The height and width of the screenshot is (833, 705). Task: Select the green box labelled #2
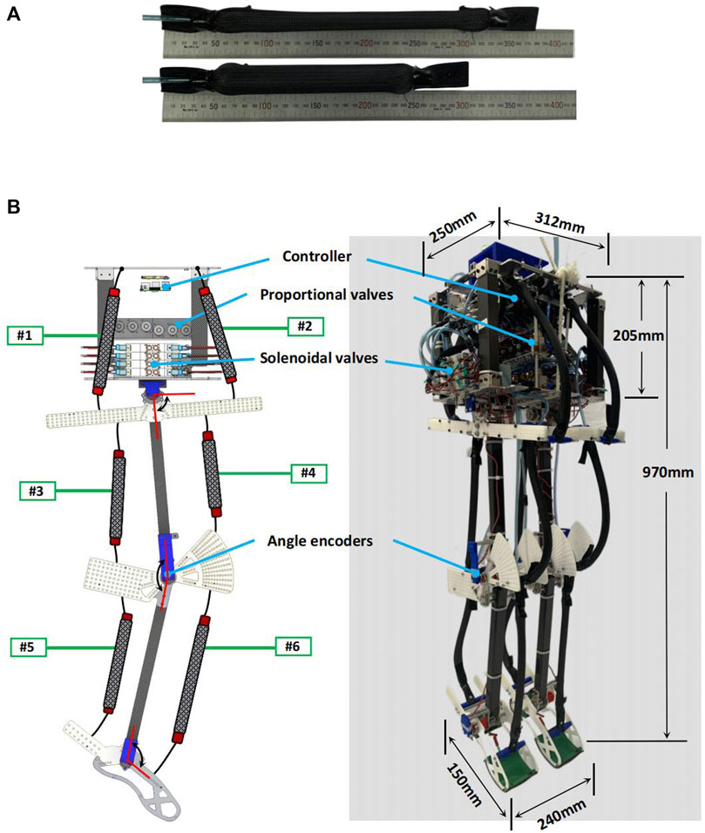click(306, 327)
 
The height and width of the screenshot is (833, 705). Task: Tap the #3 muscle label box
click(37, 491)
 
